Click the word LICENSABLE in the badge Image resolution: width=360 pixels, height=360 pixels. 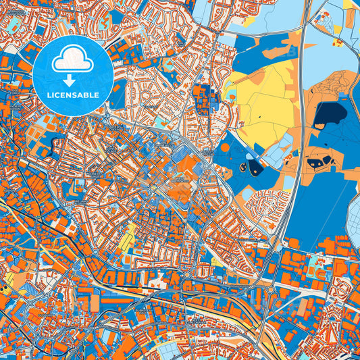coord(72,95)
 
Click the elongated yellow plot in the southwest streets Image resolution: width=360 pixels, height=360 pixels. coord(128,236)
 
